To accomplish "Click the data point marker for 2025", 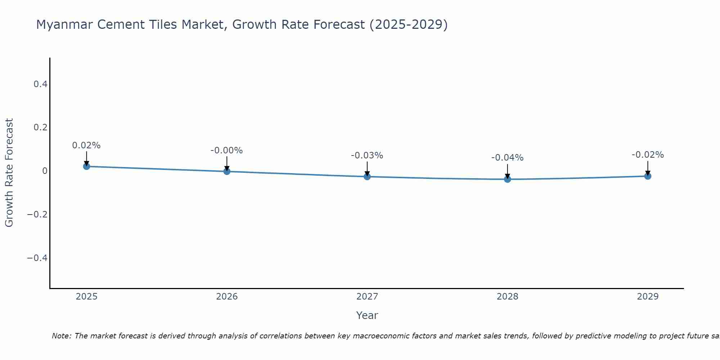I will (86, 166).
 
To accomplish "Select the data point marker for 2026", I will (227, 171).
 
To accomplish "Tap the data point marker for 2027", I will (367, 176).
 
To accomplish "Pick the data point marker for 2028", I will (508, 179).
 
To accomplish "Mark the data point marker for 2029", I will (648, 176).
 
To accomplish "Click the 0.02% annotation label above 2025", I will (86, 145).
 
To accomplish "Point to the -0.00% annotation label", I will (227, 150).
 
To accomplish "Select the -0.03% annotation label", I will (367, 156).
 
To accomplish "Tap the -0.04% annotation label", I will (508, 158).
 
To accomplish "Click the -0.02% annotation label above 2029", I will (648, 155).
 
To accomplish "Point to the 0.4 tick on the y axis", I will (40, 84).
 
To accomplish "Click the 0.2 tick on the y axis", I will (40, 127).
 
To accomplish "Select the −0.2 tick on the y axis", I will (37, 215).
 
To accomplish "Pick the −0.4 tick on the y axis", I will (37, 258).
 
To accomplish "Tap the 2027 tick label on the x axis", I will (367, 297).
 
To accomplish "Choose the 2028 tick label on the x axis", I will (508, 297).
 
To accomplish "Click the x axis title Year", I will (367, 315).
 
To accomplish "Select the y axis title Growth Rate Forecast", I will (9, 173).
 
